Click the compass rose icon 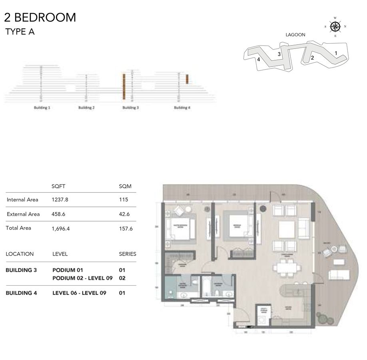[x=335, y=27]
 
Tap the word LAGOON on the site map [x=295, y=35]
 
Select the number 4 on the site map [x=259, y=59]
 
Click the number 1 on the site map [x=336, y=53]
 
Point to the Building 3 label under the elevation [x=130, y=108]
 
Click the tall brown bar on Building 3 [x=124, y=87]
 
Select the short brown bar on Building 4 [x=187, y=79]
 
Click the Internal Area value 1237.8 [x=60, y=200]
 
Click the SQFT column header [x=58, y=186]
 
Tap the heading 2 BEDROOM [x=40, y=17]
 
